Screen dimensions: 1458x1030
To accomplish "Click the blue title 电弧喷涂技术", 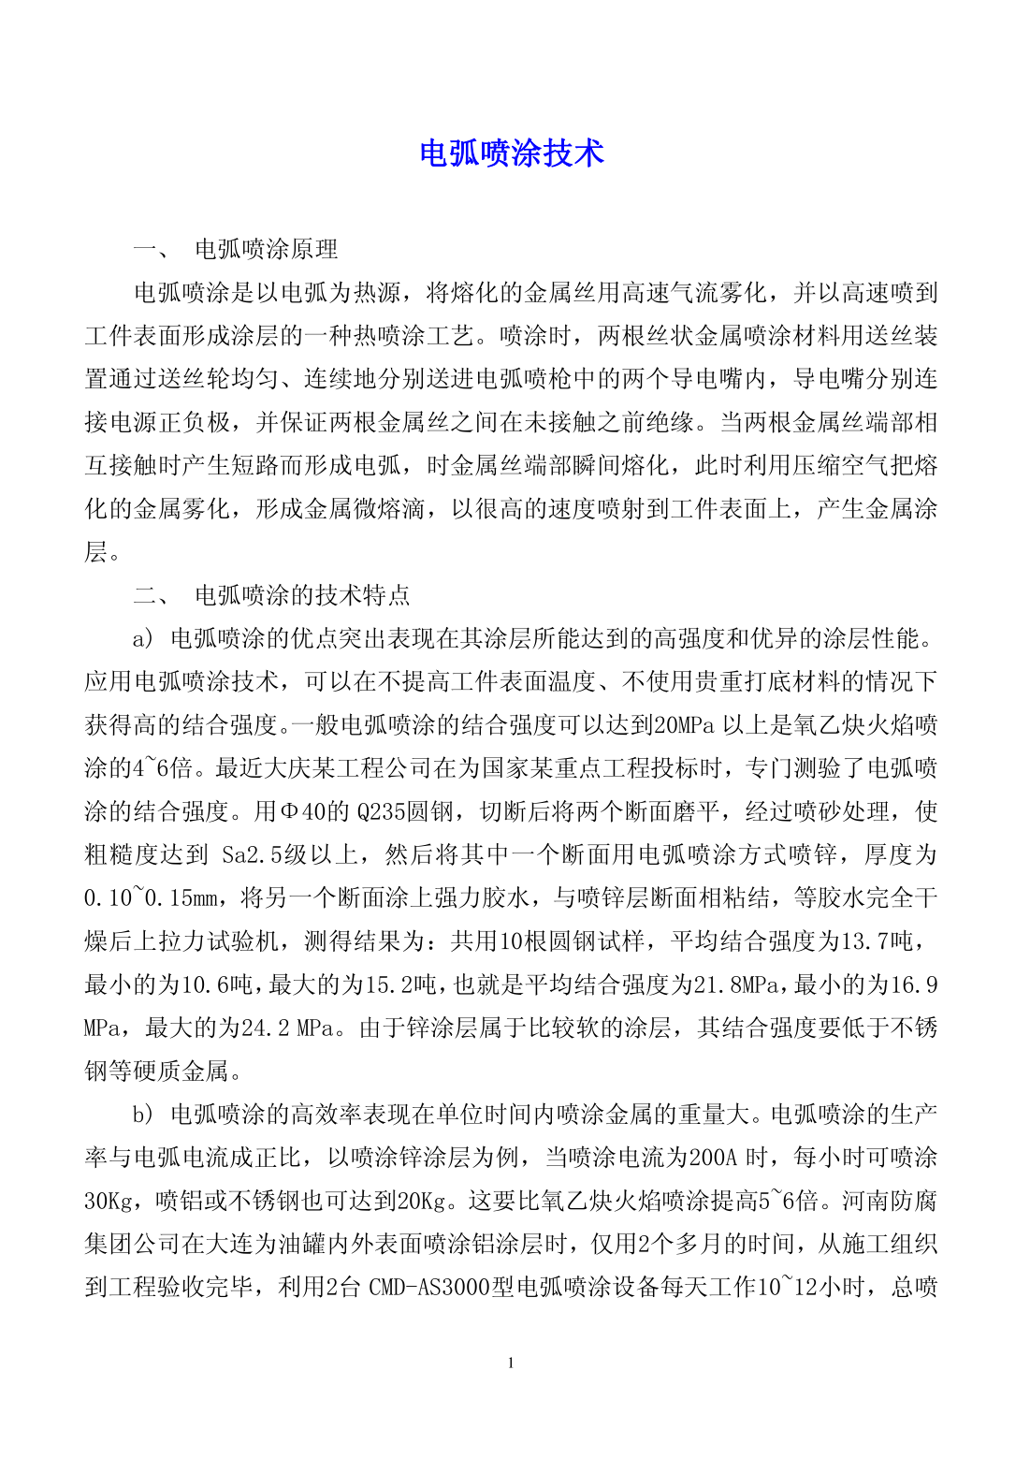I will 512,153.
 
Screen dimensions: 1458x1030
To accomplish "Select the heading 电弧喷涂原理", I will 266,249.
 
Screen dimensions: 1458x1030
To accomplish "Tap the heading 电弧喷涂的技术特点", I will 302,595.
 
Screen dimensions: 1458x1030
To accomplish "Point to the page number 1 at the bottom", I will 511,1363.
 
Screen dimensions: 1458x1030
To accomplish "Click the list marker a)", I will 143,639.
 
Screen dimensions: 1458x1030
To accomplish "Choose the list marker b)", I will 143,1115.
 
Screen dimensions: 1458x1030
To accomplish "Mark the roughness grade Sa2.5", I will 252,855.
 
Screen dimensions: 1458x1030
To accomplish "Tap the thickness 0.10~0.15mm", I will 151,898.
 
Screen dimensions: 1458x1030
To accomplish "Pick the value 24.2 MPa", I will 287,1028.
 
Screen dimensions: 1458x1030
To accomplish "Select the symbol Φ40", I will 301,812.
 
